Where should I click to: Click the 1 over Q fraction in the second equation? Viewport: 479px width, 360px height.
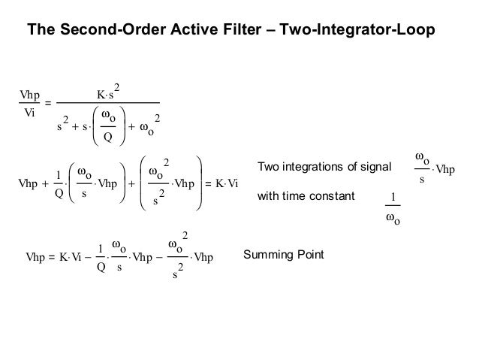(59, 183)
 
